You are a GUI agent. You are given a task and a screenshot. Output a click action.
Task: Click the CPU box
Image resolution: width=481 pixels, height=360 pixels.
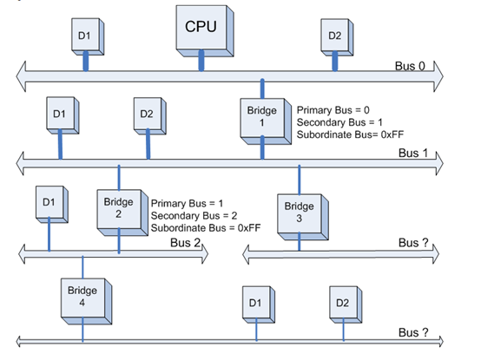click(201, 27)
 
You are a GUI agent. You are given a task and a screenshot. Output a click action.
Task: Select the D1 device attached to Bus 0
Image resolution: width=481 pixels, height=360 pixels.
click(84, 37)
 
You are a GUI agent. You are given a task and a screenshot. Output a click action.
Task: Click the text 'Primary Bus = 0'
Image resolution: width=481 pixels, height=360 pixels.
click(333, 111)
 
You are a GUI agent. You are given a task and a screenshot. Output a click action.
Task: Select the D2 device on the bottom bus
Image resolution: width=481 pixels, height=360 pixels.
click(340, 304)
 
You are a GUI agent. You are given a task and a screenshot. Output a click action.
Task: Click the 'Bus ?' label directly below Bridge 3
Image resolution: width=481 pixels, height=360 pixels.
click(414, 244)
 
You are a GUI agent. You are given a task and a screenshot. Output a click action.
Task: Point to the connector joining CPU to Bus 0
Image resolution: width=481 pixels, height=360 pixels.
click(201, 60)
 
